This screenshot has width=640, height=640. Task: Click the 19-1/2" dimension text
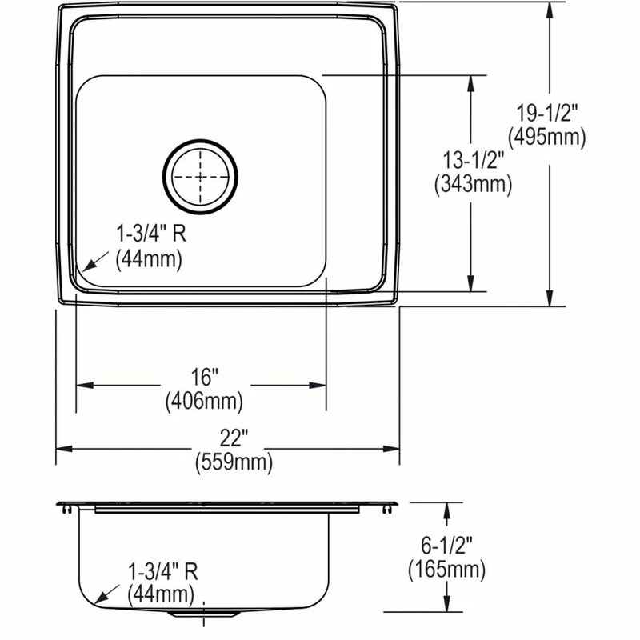click(x=547, y=113)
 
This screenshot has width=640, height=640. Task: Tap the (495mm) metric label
click(x=547, y=137)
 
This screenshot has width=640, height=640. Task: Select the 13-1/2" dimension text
click(x=474, y=160)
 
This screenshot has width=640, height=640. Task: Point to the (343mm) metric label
click(x=474, y=184)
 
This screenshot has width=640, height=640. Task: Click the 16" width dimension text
click(x=205, y=376)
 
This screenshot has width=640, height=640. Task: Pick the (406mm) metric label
click(x=204, y=401)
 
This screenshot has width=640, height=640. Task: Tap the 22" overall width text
click(x=234, y=438)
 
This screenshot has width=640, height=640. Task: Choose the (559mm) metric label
click(x=234, y=462)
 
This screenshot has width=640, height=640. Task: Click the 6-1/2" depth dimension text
click(x=446, y=546)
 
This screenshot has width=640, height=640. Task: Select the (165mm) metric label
click(x=447, y=570)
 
